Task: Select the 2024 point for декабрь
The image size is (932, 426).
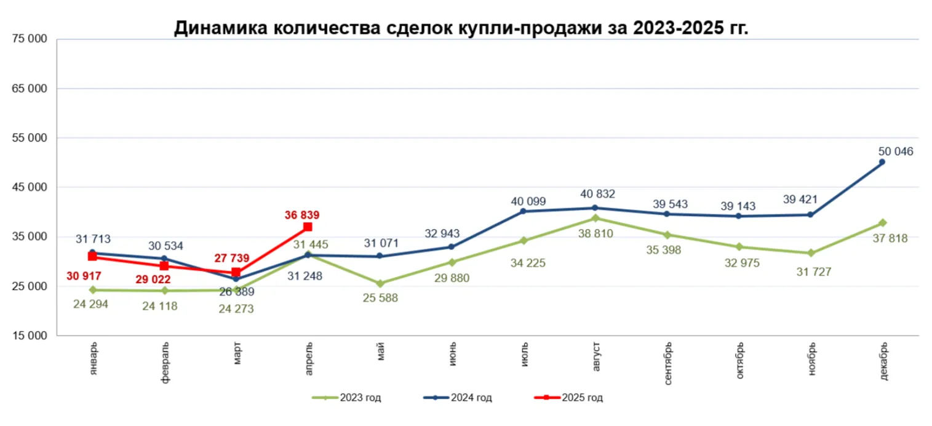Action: coord(882,163)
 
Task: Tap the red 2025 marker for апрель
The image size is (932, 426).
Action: coord(308,227)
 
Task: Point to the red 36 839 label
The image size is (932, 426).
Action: coord(302,215)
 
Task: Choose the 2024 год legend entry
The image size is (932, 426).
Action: coord(458,398)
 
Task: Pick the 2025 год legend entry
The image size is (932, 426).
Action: coord(568,398)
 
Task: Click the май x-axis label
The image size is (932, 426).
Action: coord(380,353)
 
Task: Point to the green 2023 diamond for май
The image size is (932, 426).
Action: coord(380,284)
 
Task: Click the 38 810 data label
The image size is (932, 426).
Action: coord(595,233)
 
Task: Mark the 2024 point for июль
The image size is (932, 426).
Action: coord(524,211)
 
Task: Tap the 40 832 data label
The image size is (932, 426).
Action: coord(595,195)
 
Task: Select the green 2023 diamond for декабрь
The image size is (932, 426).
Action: coord(882,223)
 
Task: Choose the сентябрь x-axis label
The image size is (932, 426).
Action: coord(667,363)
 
